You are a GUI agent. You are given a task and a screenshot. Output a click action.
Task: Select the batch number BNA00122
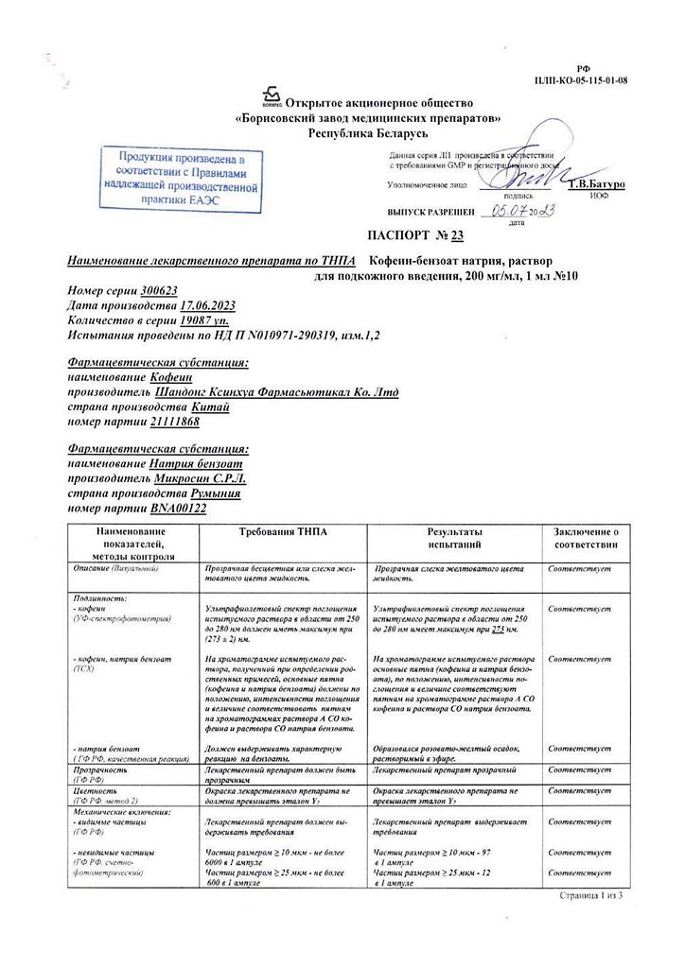pos(176,509)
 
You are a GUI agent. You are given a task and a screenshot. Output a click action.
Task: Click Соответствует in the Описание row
pos(579,569)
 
